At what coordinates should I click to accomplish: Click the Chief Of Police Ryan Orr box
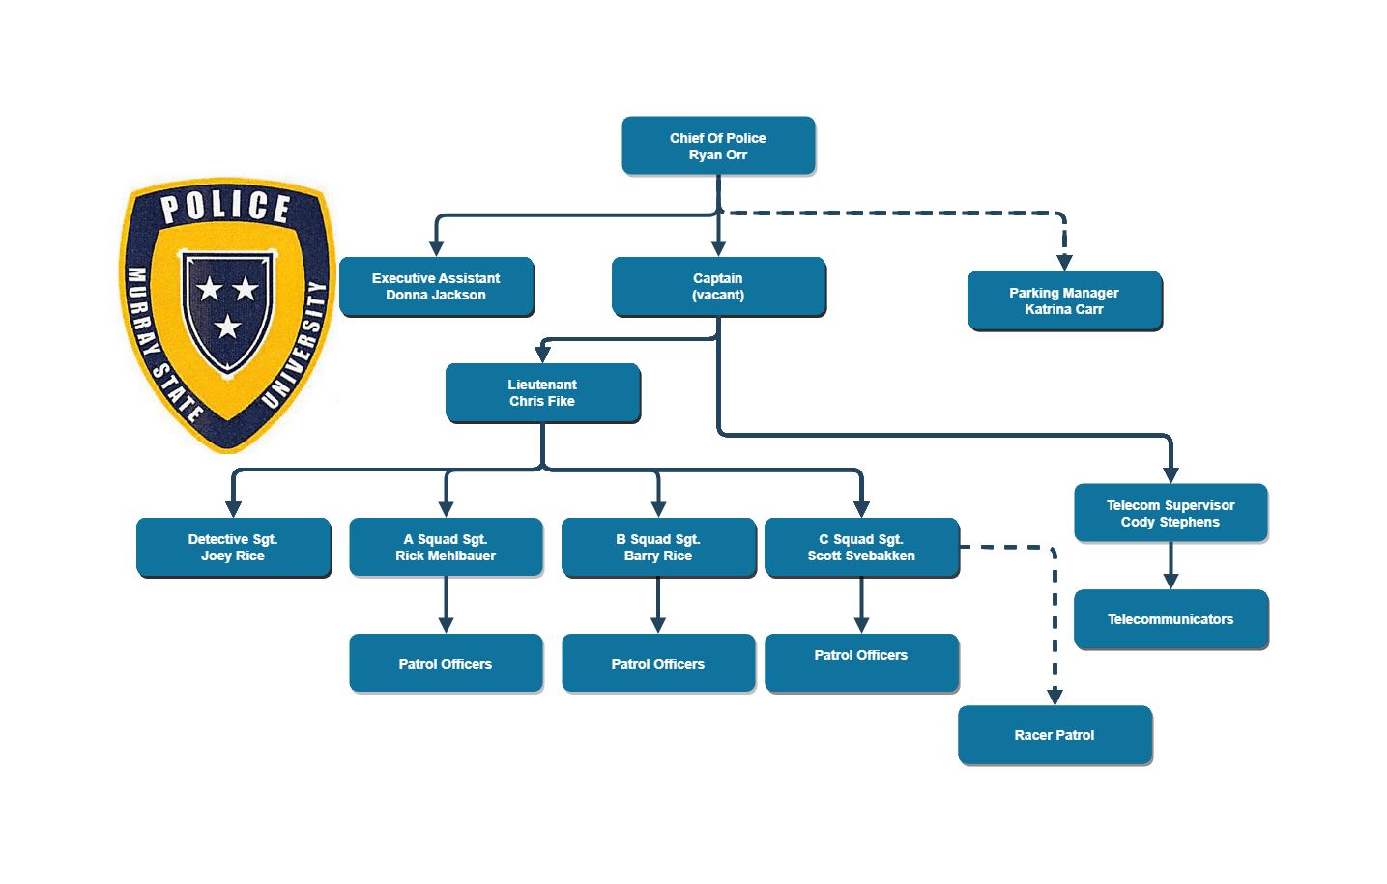(718, 146)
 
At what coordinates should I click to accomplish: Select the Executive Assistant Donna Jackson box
(436, 286)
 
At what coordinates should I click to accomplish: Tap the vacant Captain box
(718, 286)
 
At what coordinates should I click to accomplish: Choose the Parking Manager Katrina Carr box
(1064, 300)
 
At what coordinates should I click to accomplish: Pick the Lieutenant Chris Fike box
(542, 392)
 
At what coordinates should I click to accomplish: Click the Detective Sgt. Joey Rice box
(233, 547)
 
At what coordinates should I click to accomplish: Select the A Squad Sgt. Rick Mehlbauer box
(446, 547)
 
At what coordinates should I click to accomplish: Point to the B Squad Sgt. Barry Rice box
(658, 547)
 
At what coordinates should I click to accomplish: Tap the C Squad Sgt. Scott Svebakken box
(861, 547)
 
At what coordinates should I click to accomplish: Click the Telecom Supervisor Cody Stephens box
(1170, 513)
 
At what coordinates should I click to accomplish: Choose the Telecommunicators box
(1170, 619)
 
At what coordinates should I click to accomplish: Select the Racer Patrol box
(1055, 735)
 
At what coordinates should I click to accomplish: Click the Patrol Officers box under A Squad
(446, 663)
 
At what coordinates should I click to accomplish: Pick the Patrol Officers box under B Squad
(658, 663)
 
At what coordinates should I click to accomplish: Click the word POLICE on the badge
(225, 207)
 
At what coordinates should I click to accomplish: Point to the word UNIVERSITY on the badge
(297, 344)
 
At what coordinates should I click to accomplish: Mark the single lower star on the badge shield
(227, 327)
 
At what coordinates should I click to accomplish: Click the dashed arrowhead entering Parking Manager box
(1064, 262)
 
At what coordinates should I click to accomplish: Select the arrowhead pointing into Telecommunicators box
(1170, 581)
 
